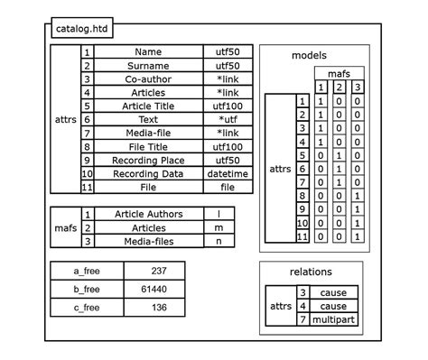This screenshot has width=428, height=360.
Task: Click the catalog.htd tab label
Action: [x=79, y=28]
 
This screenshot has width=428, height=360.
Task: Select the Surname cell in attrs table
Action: [x=148, y=66]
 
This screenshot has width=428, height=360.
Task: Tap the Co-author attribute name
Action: [x=148, y=79]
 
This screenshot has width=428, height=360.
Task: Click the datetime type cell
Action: [x=228, y=173]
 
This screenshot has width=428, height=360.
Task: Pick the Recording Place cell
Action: [x=148, y=160]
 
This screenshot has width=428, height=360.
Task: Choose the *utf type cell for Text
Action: [x=228, y=119]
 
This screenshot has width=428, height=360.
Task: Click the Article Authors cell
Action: [x=148, y=214]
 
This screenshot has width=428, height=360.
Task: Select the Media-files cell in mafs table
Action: [x=148, y=241]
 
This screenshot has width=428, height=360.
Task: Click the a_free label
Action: [x=87, y=271]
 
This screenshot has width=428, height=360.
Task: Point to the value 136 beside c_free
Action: [x=159, y=308]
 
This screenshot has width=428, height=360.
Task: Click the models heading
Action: [x=309, y=56]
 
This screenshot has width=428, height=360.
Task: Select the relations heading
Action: [x=310, y=272]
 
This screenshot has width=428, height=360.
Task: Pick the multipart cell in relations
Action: [x=333, y=319]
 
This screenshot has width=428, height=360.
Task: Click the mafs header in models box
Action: [x=340, y=73]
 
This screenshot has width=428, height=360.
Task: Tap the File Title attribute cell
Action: [x=148, y=146]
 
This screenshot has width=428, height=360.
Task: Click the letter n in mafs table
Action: [x=219, y=241]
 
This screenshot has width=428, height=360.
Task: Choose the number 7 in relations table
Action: [x=302, y=319]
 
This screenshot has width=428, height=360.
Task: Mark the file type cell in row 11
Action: [x=228, y=187]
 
